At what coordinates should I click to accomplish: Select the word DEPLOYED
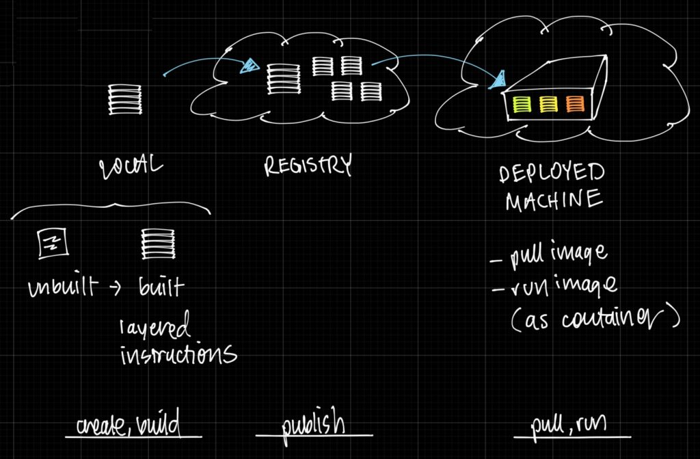(552, 172)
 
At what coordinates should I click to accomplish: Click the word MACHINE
(553, 200)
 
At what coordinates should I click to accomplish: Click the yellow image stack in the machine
(548, 104)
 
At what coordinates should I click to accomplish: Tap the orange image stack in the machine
(575, 104)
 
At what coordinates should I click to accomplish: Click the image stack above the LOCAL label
(124, 100)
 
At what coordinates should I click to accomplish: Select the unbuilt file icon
(50, 244)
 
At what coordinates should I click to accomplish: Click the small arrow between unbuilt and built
(116, 288)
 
